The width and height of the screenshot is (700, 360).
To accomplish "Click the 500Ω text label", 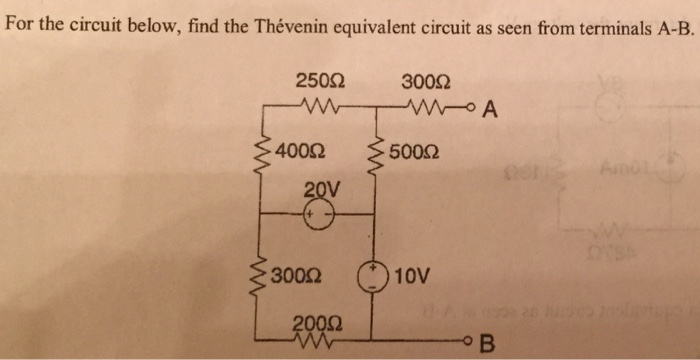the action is click(x=412, y=153).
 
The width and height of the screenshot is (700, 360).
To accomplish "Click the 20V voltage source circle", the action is click(x=319, y=216).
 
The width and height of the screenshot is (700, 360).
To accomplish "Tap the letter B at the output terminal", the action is click(x=488, y=346).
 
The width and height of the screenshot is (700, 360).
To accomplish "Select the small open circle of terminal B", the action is click(x=470, y=341).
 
